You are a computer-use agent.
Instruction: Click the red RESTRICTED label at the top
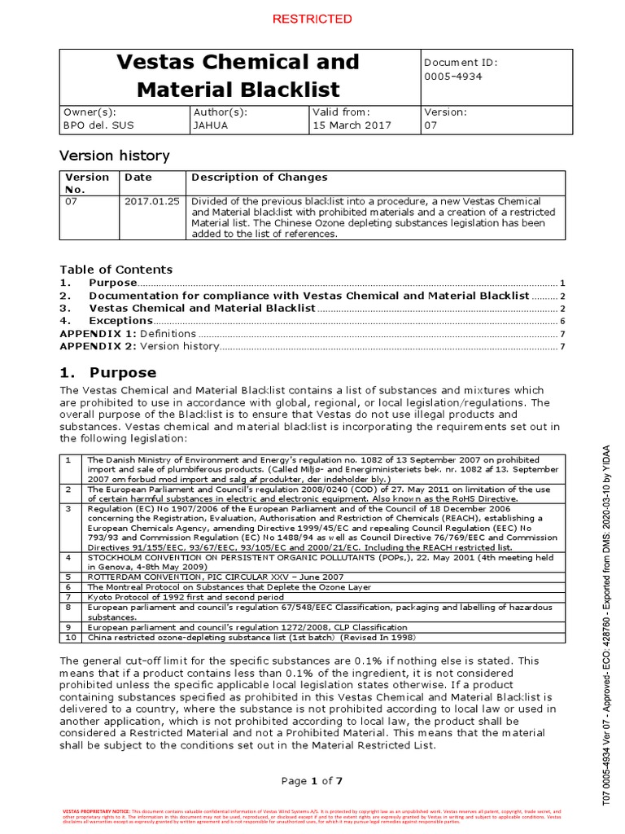(312, 19)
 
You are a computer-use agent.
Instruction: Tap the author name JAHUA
(211, 125)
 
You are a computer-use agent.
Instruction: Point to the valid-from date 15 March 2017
(352, 125)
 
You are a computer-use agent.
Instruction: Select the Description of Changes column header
(259, 177)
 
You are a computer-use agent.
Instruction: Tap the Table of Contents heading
(116, 269)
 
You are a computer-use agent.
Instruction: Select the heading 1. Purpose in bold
(108, 372)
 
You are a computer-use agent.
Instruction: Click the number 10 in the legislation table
(71, 638)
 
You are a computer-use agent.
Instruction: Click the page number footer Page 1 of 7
(312, 781)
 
